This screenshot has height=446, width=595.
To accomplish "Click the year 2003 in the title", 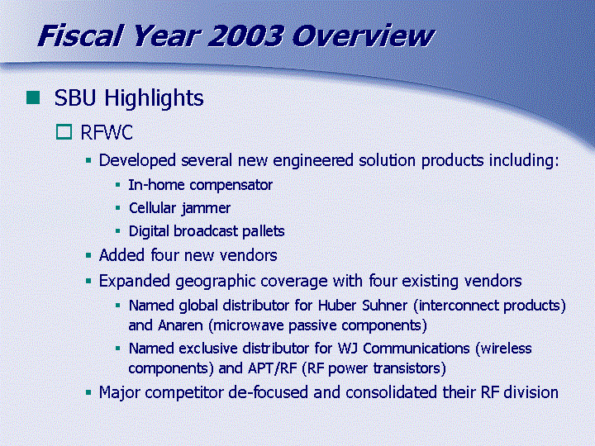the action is (x=245, y=36).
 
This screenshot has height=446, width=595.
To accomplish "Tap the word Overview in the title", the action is (x=363, y=36).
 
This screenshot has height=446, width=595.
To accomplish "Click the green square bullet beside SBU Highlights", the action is (x=33, y=97).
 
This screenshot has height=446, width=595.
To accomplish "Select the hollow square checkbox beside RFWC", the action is (x=64, y=132).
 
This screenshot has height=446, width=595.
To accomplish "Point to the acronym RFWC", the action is (x=107, y=132).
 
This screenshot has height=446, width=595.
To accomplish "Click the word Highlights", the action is (x=154, y=98).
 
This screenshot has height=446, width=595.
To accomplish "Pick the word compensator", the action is (x=231, y=186).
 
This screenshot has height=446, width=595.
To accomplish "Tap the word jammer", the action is (x=206, y=209).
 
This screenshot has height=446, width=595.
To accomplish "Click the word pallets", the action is (x=264, y=231).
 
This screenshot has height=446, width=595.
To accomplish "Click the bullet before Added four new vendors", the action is (x=88, y=255).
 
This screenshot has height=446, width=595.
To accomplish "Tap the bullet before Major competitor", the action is (x=88, y=393).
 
